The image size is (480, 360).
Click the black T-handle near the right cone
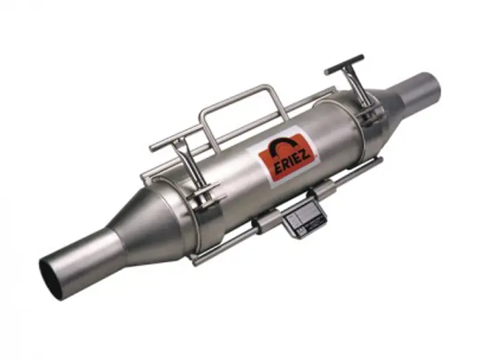[x=344, y=64]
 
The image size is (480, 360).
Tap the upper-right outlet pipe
[x=422, y=93]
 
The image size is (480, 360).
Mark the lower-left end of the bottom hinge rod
[x=195, y=261]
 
